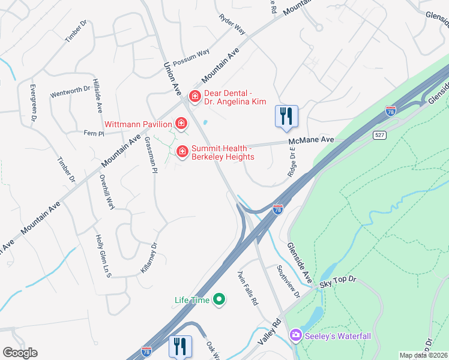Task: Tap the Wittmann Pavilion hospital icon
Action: click(x=181, y=124)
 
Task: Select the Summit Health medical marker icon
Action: click(x=182, y=152)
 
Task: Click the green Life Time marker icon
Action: click(x=220, y=299)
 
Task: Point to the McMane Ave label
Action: click(x=310, y=140)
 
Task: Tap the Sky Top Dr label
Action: click(x=338, y=280)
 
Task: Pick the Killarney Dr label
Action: click(x=148, y=258)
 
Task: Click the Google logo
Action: click(x=20, y=353)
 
